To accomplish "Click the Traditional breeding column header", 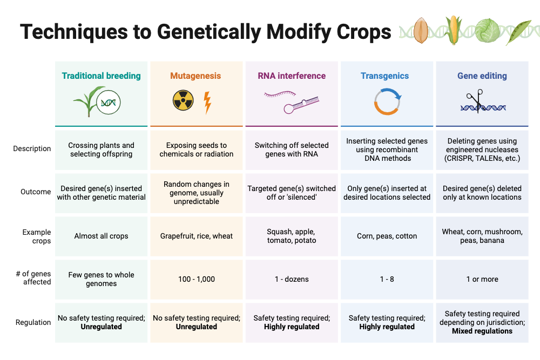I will click(101, 76).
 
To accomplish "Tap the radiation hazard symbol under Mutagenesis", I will click(183, 101).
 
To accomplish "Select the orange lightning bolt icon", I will click(207, 103).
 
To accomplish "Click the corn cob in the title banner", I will click(454, 30).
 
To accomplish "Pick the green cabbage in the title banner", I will click(488, 31).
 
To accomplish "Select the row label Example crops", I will click(37, 236).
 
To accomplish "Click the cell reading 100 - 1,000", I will click(197, 279).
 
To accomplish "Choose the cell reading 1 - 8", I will click(387, 279).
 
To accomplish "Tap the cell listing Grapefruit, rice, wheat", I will click(197, 236).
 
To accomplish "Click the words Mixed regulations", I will click(482, 331).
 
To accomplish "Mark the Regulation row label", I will click(33, 322).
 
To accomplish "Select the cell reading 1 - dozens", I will click(292, 279).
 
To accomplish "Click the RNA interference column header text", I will click(292, 76).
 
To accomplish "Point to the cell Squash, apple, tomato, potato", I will click(292, 236).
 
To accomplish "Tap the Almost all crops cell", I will click(102, 236).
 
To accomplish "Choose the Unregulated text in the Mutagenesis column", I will click(197, 327).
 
